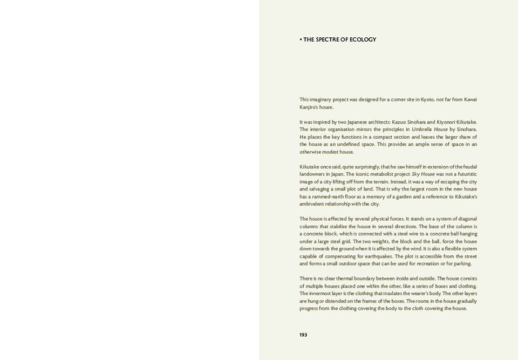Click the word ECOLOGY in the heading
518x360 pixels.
(x=363, y=39)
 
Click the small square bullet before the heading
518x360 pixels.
(x=301, y=39)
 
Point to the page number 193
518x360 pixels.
(x=303, y=335)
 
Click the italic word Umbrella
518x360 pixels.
(x=423, y=130)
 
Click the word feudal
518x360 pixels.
(x=467, y=167)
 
